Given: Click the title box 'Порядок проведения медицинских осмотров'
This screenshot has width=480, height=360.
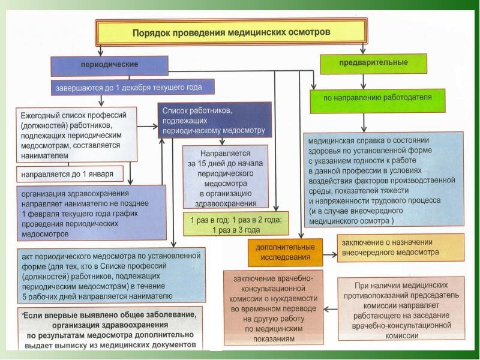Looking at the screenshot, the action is tap(231, 32).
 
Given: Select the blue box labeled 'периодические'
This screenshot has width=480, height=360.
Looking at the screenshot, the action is tap(109, 66).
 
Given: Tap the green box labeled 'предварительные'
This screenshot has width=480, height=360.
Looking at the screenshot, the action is tap(373, 64).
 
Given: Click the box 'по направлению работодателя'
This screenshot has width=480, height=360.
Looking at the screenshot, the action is tap(377, 101).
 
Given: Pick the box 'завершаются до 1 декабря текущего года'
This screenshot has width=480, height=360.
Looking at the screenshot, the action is tap(133, 87).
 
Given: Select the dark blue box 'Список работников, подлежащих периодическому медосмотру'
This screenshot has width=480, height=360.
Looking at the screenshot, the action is tap(215, 120).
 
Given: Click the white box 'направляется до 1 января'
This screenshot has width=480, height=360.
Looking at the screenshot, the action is tap(70, 174).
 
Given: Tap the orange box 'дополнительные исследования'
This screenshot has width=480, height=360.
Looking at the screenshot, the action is tap(286, 252).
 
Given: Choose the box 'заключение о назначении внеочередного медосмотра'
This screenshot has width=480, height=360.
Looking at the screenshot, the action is tap(400, 248).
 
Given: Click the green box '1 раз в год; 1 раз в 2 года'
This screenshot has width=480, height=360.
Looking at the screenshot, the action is tap(236, 224).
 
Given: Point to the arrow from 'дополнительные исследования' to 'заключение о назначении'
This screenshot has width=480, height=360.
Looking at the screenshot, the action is tap(330, 254).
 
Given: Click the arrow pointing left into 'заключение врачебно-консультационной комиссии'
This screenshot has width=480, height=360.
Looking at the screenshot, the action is tap(331, 310).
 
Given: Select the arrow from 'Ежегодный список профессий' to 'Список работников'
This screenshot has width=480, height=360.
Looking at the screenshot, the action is tap(147, 126).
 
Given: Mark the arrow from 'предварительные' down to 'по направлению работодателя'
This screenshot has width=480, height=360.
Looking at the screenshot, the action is tap(364, 82).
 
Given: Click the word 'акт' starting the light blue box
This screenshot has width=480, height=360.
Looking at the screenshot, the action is tap(27, 257).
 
